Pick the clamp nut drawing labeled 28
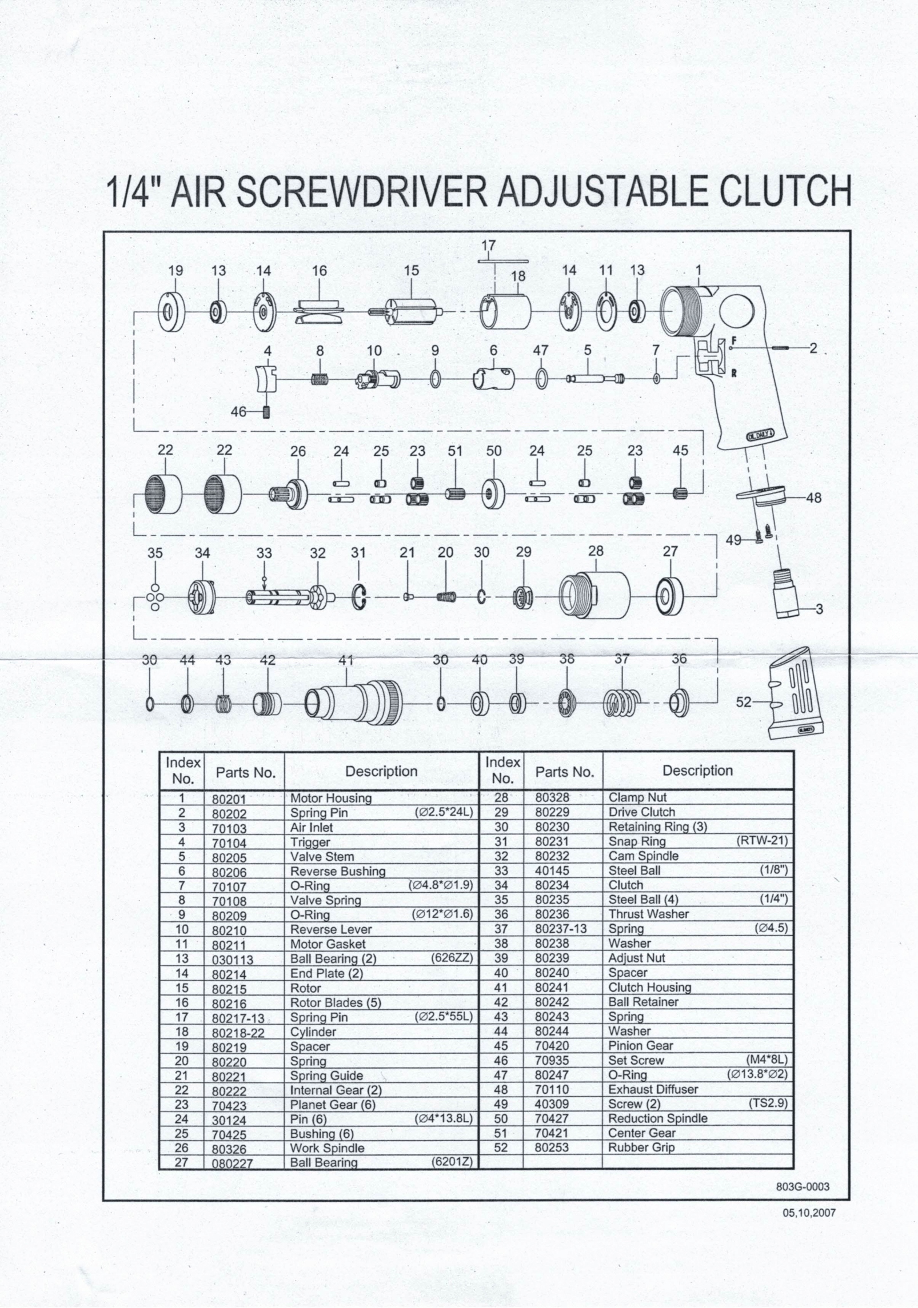pos(594,594)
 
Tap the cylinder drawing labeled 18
pos(505,312)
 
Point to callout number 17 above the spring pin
pos(488,246)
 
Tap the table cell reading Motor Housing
pos(331,798)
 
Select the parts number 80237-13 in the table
pos(560,929)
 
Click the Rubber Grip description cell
pos(641,1147)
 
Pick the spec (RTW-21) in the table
pos(762,841)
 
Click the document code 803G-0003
pos(802,1187)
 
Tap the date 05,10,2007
pos(809,1213)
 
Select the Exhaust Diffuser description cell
pos(653,1089)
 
